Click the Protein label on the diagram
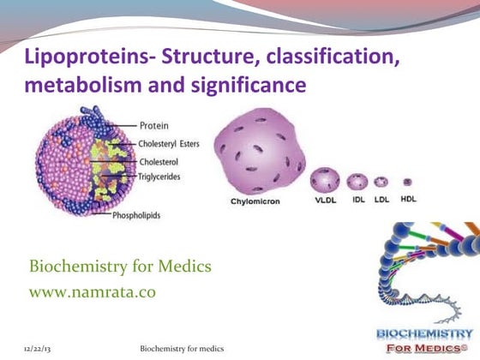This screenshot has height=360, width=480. (153, 126)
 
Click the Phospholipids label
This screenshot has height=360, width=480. (141, 215)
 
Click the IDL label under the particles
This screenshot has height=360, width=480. (358, 201)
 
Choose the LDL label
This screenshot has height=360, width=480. (381, 201)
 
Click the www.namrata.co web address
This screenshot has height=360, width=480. (93, 291)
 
